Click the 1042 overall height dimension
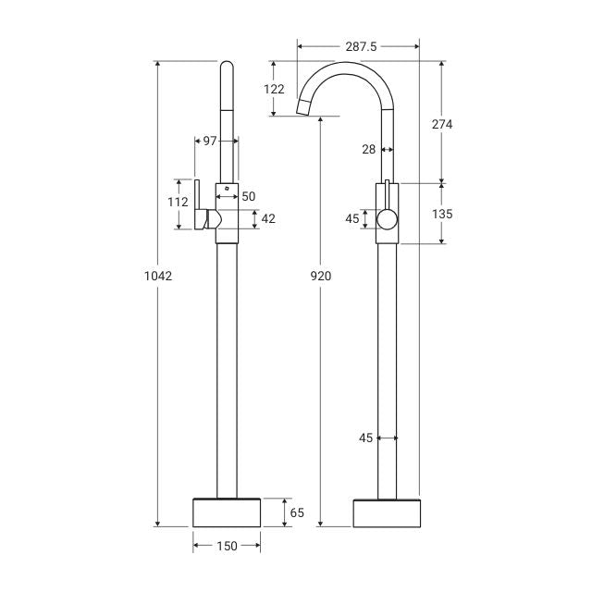pos(159,275)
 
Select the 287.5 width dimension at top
pos(358,43)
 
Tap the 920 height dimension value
pos(321,275)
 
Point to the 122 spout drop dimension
pos(274,90)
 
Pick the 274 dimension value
pos(441,124)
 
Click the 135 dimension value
pos(441,214)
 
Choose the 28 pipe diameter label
pos(369,149)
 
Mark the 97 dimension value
pos(210,141)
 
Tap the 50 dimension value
pos(249,196)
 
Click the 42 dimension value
pos(269,219)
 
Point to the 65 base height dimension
pos(297,512)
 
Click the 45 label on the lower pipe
pos(365,438)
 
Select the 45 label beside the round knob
pos(351,219)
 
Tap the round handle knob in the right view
pos(388,219)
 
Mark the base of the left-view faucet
pos(227,512)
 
